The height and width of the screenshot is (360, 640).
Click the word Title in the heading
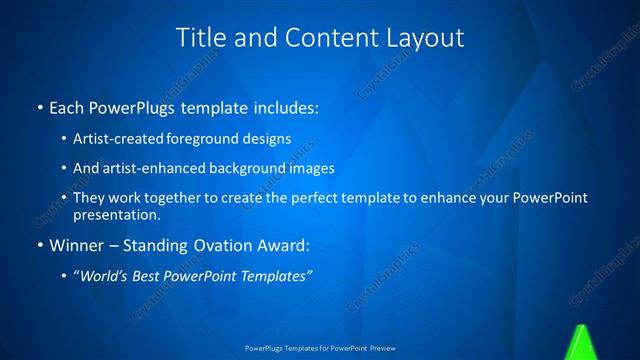[201, 38]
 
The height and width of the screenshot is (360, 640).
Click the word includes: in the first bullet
[284, 105]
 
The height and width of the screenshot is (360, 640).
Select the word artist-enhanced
[145, 168]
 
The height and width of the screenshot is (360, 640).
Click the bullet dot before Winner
[39, 245]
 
